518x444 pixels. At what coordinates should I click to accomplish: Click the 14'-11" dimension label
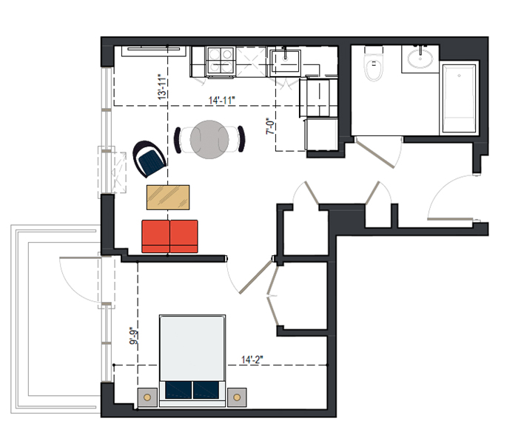(x=222, y=100)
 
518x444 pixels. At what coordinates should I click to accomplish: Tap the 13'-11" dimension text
(x=163, y=87)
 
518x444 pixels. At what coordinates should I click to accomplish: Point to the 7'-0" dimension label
(x=271, y=127)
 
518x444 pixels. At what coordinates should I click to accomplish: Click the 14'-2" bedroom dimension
(x=252, y=360)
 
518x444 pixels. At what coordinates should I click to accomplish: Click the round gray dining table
(x=209, y=139)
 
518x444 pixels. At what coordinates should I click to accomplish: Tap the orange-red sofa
(x=169, y=237)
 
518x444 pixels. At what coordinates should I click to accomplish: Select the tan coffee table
(x=168, y=198)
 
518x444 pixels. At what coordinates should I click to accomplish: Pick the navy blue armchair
(x=149, y=159)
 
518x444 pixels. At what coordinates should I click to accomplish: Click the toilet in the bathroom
(x=374, y=65)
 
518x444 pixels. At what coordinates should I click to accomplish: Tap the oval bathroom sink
(x=420, y=58)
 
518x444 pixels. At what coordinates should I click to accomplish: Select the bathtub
(x=460, y=98)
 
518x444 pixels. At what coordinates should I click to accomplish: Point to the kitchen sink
(x=285, y=61)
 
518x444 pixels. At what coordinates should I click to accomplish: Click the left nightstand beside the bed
(x=147, y=397)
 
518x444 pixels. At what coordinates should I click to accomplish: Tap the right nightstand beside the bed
(x=237, y=397)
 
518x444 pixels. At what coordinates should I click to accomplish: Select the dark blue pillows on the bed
(x=192, y=390)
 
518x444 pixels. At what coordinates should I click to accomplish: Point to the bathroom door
(x=374, y=153)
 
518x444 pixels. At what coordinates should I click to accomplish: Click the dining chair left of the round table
(x=178, y=140)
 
